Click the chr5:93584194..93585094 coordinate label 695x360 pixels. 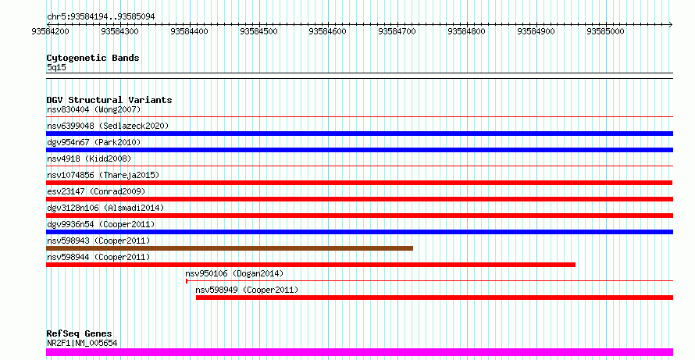pos(100,16)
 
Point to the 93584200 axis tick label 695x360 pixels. pos(51,32)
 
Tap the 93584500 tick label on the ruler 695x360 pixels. pos(258,32)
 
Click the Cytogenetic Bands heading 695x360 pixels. pos(93,58)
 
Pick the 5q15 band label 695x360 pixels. pos(56,67)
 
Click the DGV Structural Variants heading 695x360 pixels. pos(109,100)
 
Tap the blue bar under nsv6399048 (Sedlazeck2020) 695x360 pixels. pos(359,134)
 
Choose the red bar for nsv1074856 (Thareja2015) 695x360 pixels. pos(359,183)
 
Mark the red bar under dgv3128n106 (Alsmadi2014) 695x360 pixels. pos(359,216)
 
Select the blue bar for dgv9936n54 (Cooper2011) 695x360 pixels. pos(359,232)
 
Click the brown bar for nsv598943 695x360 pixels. pos(230,248)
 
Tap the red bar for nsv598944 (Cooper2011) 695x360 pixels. pos(311,265)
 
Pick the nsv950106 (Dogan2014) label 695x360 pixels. pos(234,273)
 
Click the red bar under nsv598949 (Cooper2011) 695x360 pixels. pos(434,298)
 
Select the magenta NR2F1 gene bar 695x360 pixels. pos(359,351)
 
